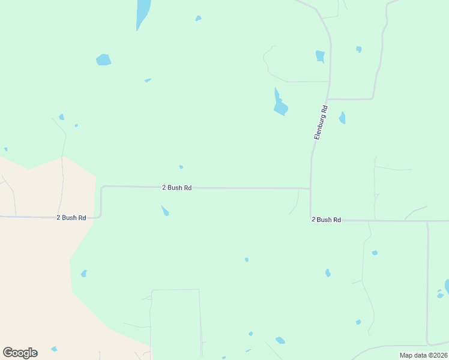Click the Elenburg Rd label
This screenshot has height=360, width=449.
pyautogui.click(x=321, y=122)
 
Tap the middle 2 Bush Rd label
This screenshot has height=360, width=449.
pyautogui.click(x=176, y=188)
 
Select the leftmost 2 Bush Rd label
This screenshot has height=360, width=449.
pyautogui.click(x=71, y=218)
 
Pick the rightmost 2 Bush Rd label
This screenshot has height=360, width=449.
pyautogui.click(x=326, y=220)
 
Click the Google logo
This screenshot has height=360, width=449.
pyautogui.click(x=20, y=353)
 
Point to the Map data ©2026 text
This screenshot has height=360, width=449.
pyautogui.click(x=423, y=355)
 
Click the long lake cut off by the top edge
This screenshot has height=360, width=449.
pyautogui.click(x=143, y=12)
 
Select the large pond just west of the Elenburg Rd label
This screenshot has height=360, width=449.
pyautogui.click(x=280, y=106)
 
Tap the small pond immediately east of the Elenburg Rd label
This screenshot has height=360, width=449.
pyautogui.click(x=342, y=118)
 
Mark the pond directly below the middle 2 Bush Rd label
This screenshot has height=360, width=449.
pyautogui.click(x=165, y=211)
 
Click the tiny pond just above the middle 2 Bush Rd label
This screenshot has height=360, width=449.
pyautogui.click(x=181, y=167)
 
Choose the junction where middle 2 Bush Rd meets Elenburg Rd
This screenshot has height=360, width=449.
pyautogui.click(x=310, y=188)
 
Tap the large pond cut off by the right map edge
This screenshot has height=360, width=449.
pyautogui.click(x=447, y=286)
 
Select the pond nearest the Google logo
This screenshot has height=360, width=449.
pyautogui.click(x=54, y=349)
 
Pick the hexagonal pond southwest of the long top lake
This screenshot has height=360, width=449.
pyautogui.click(x=104, y=59)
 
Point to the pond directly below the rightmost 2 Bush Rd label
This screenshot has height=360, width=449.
pyautogui.click(x=328, y=273)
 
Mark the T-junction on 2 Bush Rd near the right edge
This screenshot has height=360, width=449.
pyautogui.click(x=427, y=221)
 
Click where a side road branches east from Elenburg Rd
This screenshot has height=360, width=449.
pyautogui.click(x=328, y=98)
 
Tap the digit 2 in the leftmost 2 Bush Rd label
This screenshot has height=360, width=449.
pyautogui.click(x=58, y=218)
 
